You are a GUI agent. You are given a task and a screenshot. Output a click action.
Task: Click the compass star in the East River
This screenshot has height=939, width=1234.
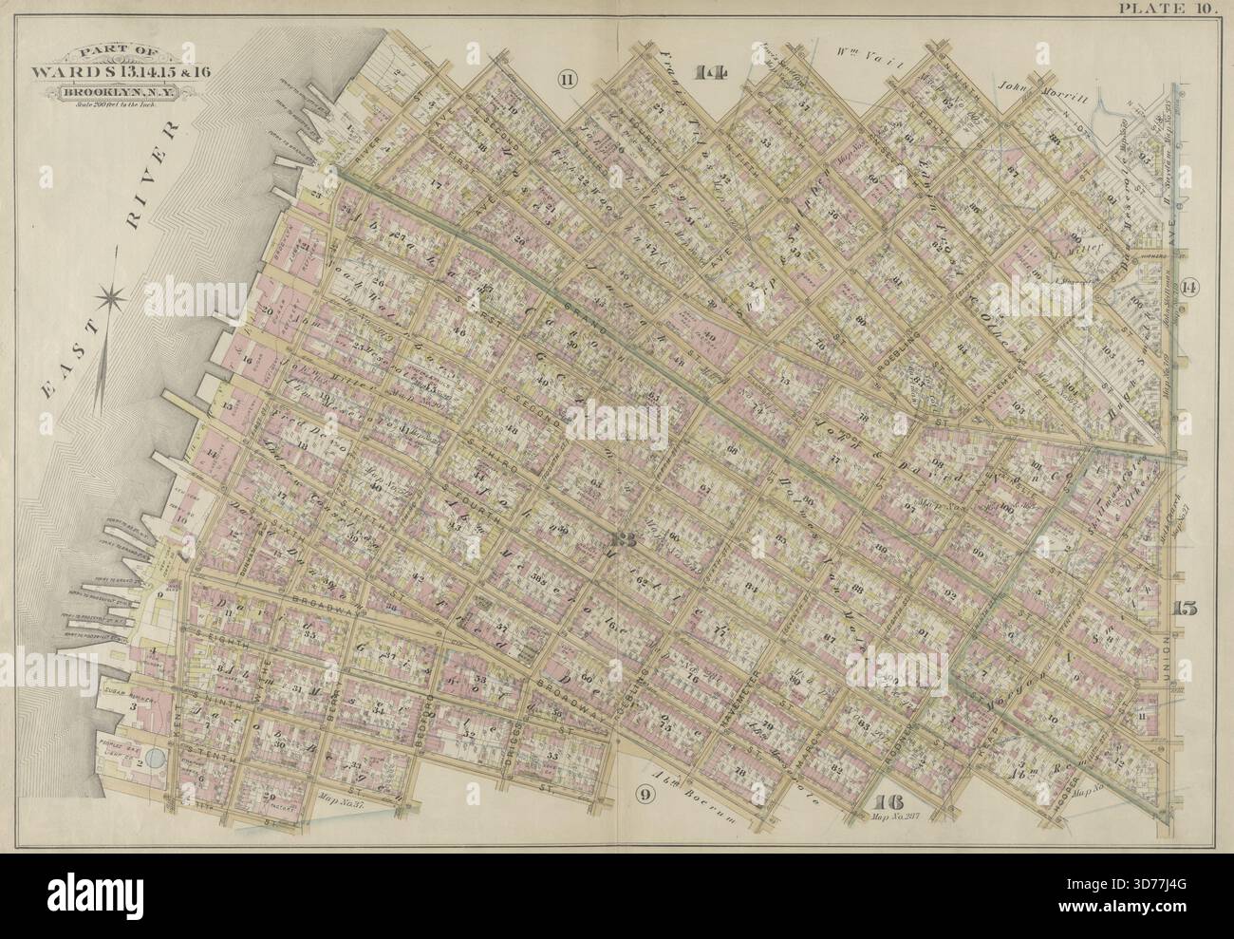113,298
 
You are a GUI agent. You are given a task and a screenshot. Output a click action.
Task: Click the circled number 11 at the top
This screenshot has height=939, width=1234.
567,80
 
